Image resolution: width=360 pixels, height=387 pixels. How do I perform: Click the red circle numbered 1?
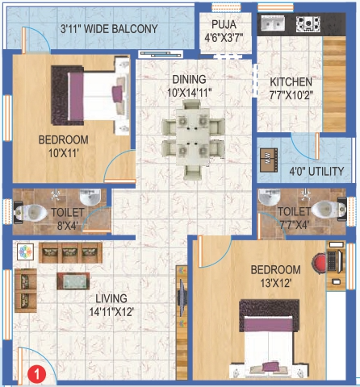(x=35, y=372)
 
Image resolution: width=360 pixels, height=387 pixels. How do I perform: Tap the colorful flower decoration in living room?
(x=23, y=252)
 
